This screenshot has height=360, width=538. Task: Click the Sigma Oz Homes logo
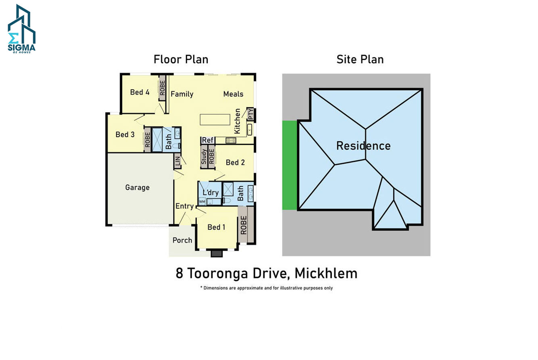[22, 29]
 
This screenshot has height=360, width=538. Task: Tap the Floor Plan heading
[181, 59]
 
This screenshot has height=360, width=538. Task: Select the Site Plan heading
[360, 59]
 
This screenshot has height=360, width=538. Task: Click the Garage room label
[138, 187]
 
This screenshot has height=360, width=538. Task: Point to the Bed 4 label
[140, 92]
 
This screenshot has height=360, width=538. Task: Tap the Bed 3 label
[125, 134]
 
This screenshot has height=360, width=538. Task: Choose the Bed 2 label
[235, 163]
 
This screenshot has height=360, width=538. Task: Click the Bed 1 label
[217, 227]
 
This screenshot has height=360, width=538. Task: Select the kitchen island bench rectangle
[215, 120]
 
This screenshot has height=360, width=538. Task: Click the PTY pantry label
[250, 114]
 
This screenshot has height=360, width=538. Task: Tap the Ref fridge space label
[208, 140]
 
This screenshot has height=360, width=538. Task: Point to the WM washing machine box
[202, 201]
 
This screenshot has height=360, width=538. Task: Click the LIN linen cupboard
[178, 162]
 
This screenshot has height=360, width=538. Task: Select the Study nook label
[204, 157]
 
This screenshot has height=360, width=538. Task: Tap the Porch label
[182, 240]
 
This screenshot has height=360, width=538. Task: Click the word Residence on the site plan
[363, 146]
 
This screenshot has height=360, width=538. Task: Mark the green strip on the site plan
[290, 165]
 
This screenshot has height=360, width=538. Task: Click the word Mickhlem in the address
[326, 274]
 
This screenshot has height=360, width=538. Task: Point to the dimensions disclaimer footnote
[267, 288]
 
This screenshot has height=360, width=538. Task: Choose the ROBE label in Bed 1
[244, 225]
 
